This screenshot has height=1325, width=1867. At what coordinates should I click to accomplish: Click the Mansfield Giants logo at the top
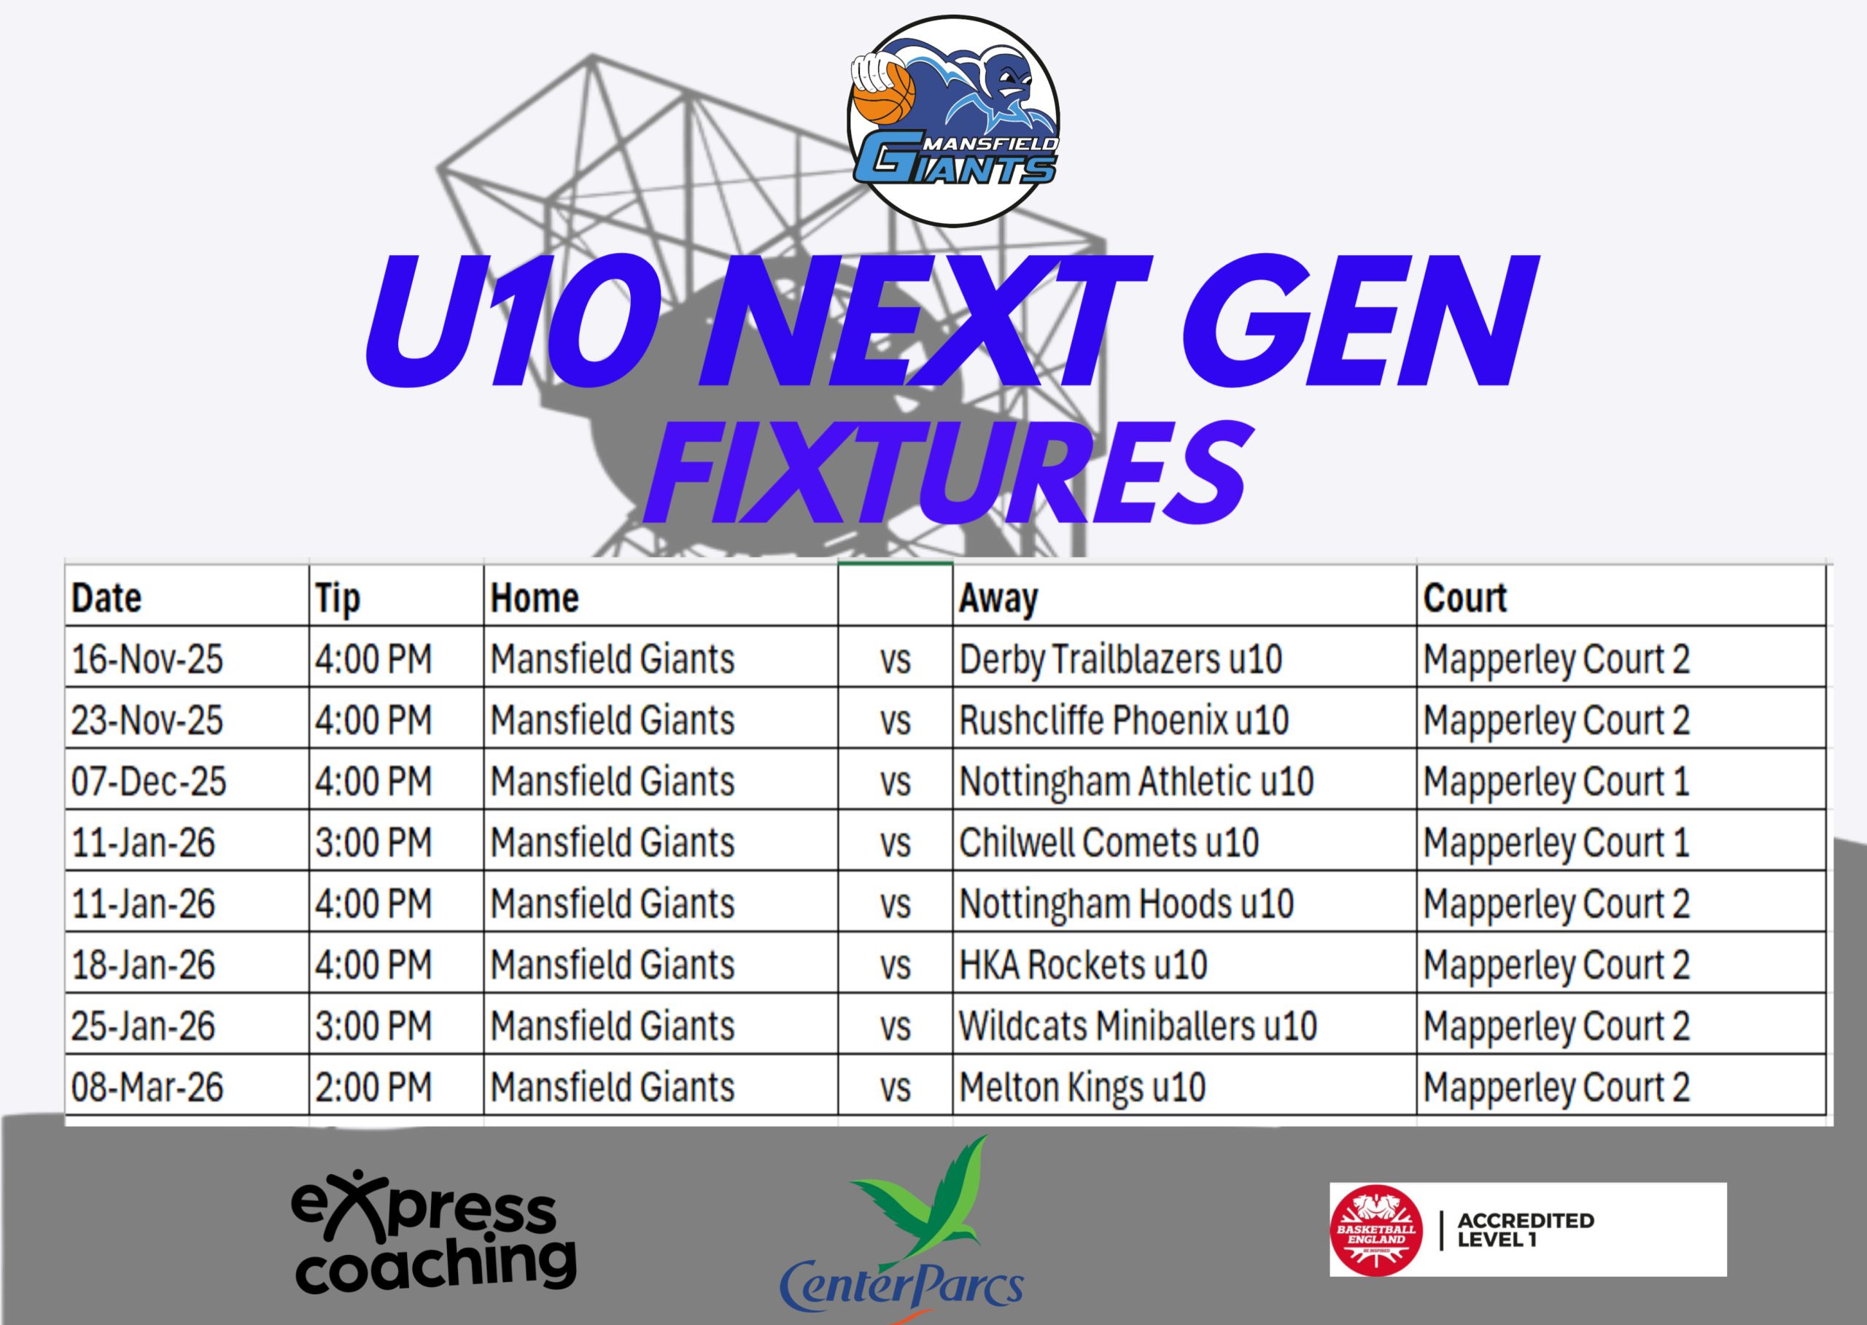(x=954, y=121)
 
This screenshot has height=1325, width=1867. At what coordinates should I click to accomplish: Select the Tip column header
(x=338, y=598)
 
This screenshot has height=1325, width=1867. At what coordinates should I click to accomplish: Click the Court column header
(x=1464, y=598)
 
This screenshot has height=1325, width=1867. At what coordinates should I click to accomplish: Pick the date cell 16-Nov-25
(x=147, y=659)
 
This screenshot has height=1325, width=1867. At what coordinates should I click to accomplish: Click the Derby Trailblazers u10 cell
(x=1120, y=659)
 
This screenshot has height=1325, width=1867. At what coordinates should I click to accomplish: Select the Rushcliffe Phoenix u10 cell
(x=1124, y=720)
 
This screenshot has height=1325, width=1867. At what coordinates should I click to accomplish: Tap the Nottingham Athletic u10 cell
(x=1136, y=782)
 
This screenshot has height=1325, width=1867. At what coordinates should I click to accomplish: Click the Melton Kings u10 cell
(x=1082, y=1087)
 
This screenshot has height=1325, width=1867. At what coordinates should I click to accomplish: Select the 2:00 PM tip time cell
(x=373, y=1087)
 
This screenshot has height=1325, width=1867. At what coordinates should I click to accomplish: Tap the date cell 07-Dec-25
(x=149, y=782)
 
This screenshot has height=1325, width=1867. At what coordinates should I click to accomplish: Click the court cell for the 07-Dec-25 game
(x=1556, y=782)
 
